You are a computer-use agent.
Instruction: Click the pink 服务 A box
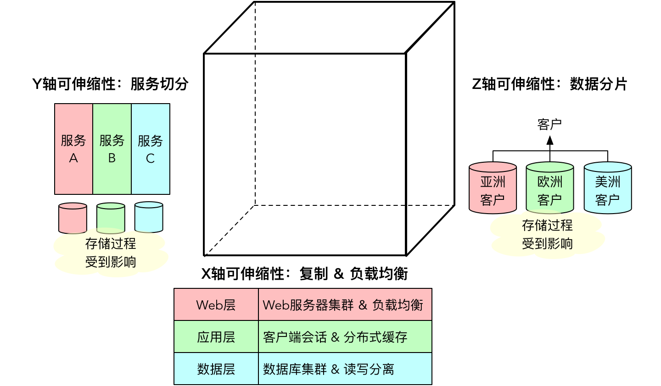(x=73, y=149)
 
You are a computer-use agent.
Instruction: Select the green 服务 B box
(x=112, y=149)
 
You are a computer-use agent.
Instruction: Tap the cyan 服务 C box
(x=151, y=149)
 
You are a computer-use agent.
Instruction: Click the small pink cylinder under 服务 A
(x=73, y=218)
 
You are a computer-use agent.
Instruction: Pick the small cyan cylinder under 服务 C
(x=149, y=217)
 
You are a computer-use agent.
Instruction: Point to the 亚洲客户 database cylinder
(x=493, y=188)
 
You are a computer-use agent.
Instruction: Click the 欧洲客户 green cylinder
(x=549, y=188)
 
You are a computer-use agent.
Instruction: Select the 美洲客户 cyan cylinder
(x=607, y=188)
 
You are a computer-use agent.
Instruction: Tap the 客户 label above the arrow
(x=549, y=124)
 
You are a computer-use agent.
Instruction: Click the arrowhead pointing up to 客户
(x=550, y=140)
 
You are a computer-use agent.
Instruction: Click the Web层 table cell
(x=216, y=305)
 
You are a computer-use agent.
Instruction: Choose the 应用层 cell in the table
(x=216, y=337)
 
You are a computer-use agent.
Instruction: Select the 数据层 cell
(x=216, y=369)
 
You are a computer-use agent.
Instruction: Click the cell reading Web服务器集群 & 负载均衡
(x=345, y=305)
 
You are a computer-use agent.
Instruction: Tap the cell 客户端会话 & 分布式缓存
(x=345, y=337)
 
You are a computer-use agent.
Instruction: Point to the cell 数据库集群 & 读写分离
(x=345, y=369)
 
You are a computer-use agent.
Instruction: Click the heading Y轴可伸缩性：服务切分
(x=110, y=84)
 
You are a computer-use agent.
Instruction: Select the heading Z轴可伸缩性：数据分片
(x=549, y=84)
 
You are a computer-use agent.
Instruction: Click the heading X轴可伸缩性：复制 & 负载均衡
(x=304, y=274)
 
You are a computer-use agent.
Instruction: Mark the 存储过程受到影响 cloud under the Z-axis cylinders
(x=547, y=235)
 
